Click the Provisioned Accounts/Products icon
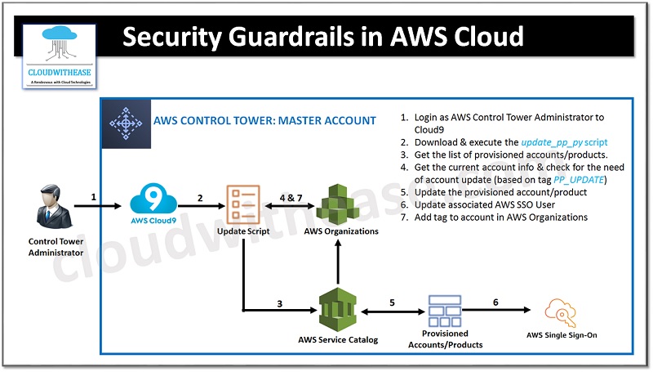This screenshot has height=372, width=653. pos(445,310)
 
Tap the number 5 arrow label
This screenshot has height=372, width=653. pos(392,302)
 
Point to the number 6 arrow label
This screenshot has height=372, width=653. pos(495,302)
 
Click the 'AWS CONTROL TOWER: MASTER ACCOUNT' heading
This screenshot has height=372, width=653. pos(265,121)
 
